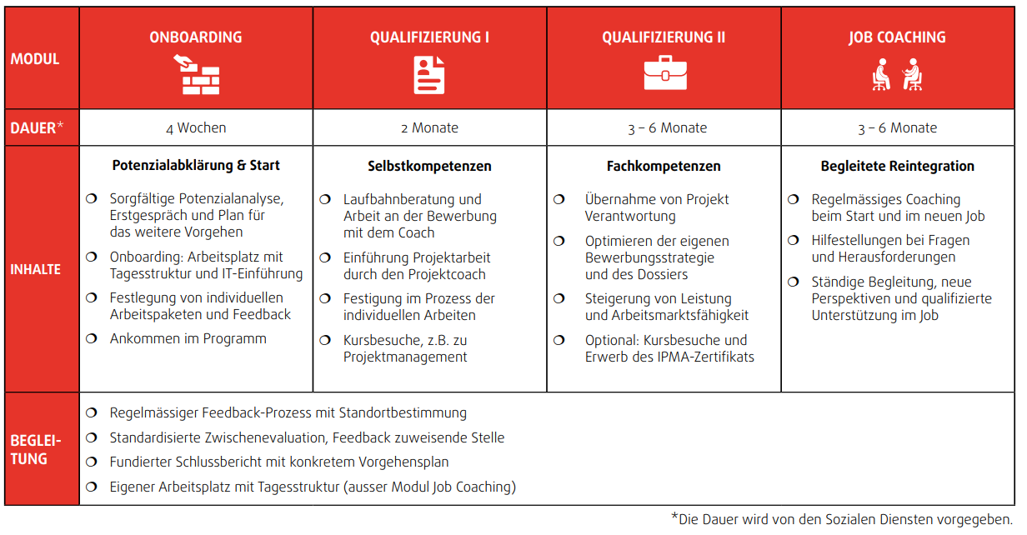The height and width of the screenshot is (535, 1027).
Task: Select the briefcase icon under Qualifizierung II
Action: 664,74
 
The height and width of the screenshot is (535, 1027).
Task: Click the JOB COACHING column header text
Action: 897,37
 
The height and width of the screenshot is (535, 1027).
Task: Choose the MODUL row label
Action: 35,59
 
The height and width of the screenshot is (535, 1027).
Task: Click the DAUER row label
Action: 33,128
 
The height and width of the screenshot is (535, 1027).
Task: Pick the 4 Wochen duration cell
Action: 196,128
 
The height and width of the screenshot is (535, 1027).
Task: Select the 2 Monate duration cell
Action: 429,128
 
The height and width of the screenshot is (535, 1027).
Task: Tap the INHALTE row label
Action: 36,269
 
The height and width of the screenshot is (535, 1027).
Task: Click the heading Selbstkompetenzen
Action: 429,166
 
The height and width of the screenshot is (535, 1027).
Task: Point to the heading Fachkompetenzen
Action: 664,166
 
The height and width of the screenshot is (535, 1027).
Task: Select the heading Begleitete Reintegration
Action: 897,166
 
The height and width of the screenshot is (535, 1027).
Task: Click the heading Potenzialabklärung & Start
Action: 196,165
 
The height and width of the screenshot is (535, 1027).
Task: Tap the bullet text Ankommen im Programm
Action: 188,339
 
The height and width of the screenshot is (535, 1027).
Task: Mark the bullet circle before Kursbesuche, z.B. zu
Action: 326,340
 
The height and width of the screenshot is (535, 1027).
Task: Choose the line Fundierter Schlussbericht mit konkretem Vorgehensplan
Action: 279,462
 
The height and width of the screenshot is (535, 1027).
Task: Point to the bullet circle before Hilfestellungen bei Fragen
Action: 794,240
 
